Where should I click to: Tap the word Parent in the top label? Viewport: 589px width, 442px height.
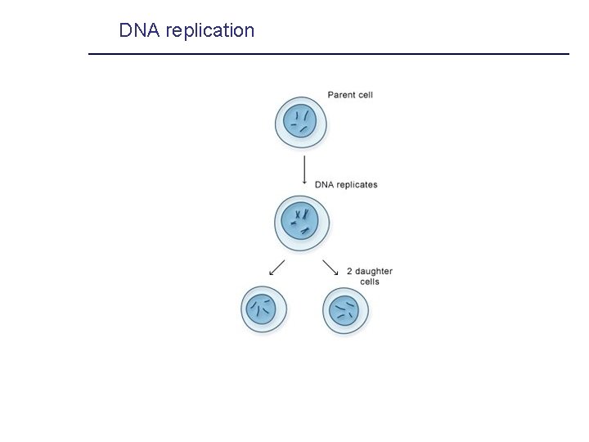[341, 95]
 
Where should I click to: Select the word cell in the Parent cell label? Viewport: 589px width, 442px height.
[365, 95]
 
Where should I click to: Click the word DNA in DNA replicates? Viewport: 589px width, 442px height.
[324, 185]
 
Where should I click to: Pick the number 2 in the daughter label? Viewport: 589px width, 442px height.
[349, 272]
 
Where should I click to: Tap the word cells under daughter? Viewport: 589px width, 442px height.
[370, 282]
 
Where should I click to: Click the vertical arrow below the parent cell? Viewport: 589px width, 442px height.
[304, 169]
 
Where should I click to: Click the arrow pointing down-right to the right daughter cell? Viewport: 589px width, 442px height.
[330, 268]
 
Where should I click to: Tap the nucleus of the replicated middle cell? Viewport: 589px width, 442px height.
[300, 220]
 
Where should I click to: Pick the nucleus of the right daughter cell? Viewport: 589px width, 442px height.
[344, 310]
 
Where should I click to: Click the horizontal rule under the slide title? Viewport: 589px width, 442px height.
[327, 54]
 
